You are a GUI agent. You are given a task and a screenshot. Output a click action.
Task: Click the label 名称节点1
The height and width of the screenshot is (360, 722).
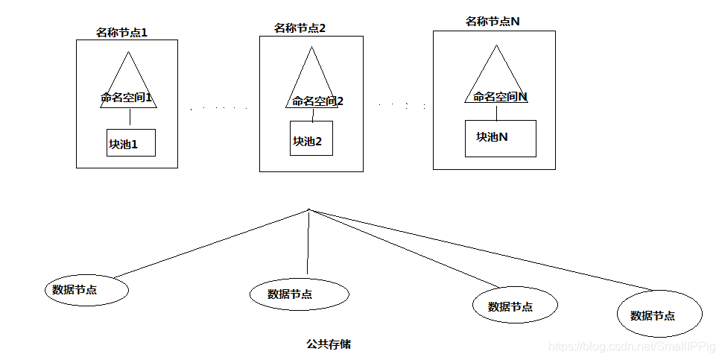pyautogui.click(x=122, y=33)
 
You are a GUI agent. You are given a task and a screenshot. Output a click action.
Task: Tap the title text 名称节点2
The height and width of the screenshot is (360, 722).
pyautogui.click(x=300, y=28)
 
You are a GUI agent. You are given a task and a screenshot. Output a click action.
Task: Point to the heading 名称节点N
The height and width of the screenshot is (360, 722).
pyautogui.click(x=493, y=22)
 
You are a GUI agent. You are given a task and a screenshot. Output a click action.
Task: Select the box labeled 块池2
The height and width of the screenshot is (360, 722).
pyautogui.click(x=311, y=140)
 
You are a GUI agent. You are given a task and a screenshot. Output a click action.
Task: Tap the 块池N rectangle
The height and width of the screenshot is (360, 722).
pyautogui.click(x=500, y=138)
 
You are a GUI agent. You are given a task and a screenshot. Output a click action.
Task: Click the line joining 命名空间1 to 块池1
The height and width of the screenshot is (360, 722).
pyautogui.click(x=130, y=118)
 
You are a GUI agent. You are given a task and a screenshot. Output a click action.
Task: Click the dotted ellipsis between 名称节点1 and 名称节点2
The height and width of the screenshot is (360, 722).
pyautogui.click(x=218, y=109)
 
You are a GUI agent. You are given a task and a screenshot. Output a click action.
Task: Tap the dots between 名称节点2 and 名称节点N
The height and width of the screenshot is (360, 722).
pyautogui.click(x=402, y=105)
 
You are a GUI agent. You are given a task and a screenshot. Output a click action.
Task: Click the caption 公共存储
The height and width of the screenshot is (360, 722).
pyautogui.click(x=329, y=344)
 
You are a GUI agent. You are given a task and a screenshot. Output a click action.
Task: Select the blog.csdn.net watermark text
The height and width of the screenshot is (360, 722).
pyautogui.click(x=631, y=347)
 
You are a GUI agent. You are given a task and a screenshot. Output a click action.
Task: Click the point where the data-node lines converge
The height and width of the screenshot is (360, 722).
pyautogui.click(x=308, y=211)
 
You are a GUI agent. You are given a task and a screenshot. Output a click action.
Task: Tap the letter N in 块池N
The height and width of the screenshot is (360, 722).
pyautogui.click(x=503, y=137)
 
